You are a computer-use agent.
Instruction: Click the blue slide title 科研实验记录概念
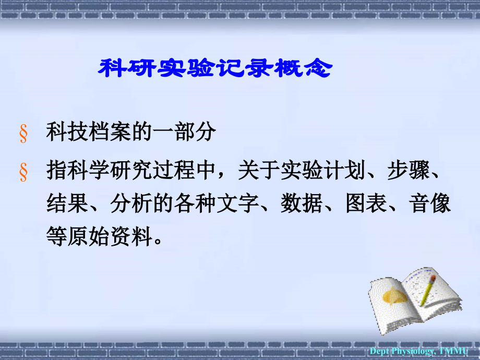click(214, 68)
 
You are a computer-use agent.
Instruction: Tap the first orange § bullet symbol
click(23, 134)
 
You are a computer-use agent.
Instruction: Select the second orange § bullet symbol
click(23, 172)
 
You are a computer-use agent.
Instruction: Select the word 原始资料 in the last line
click(110, 238)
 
